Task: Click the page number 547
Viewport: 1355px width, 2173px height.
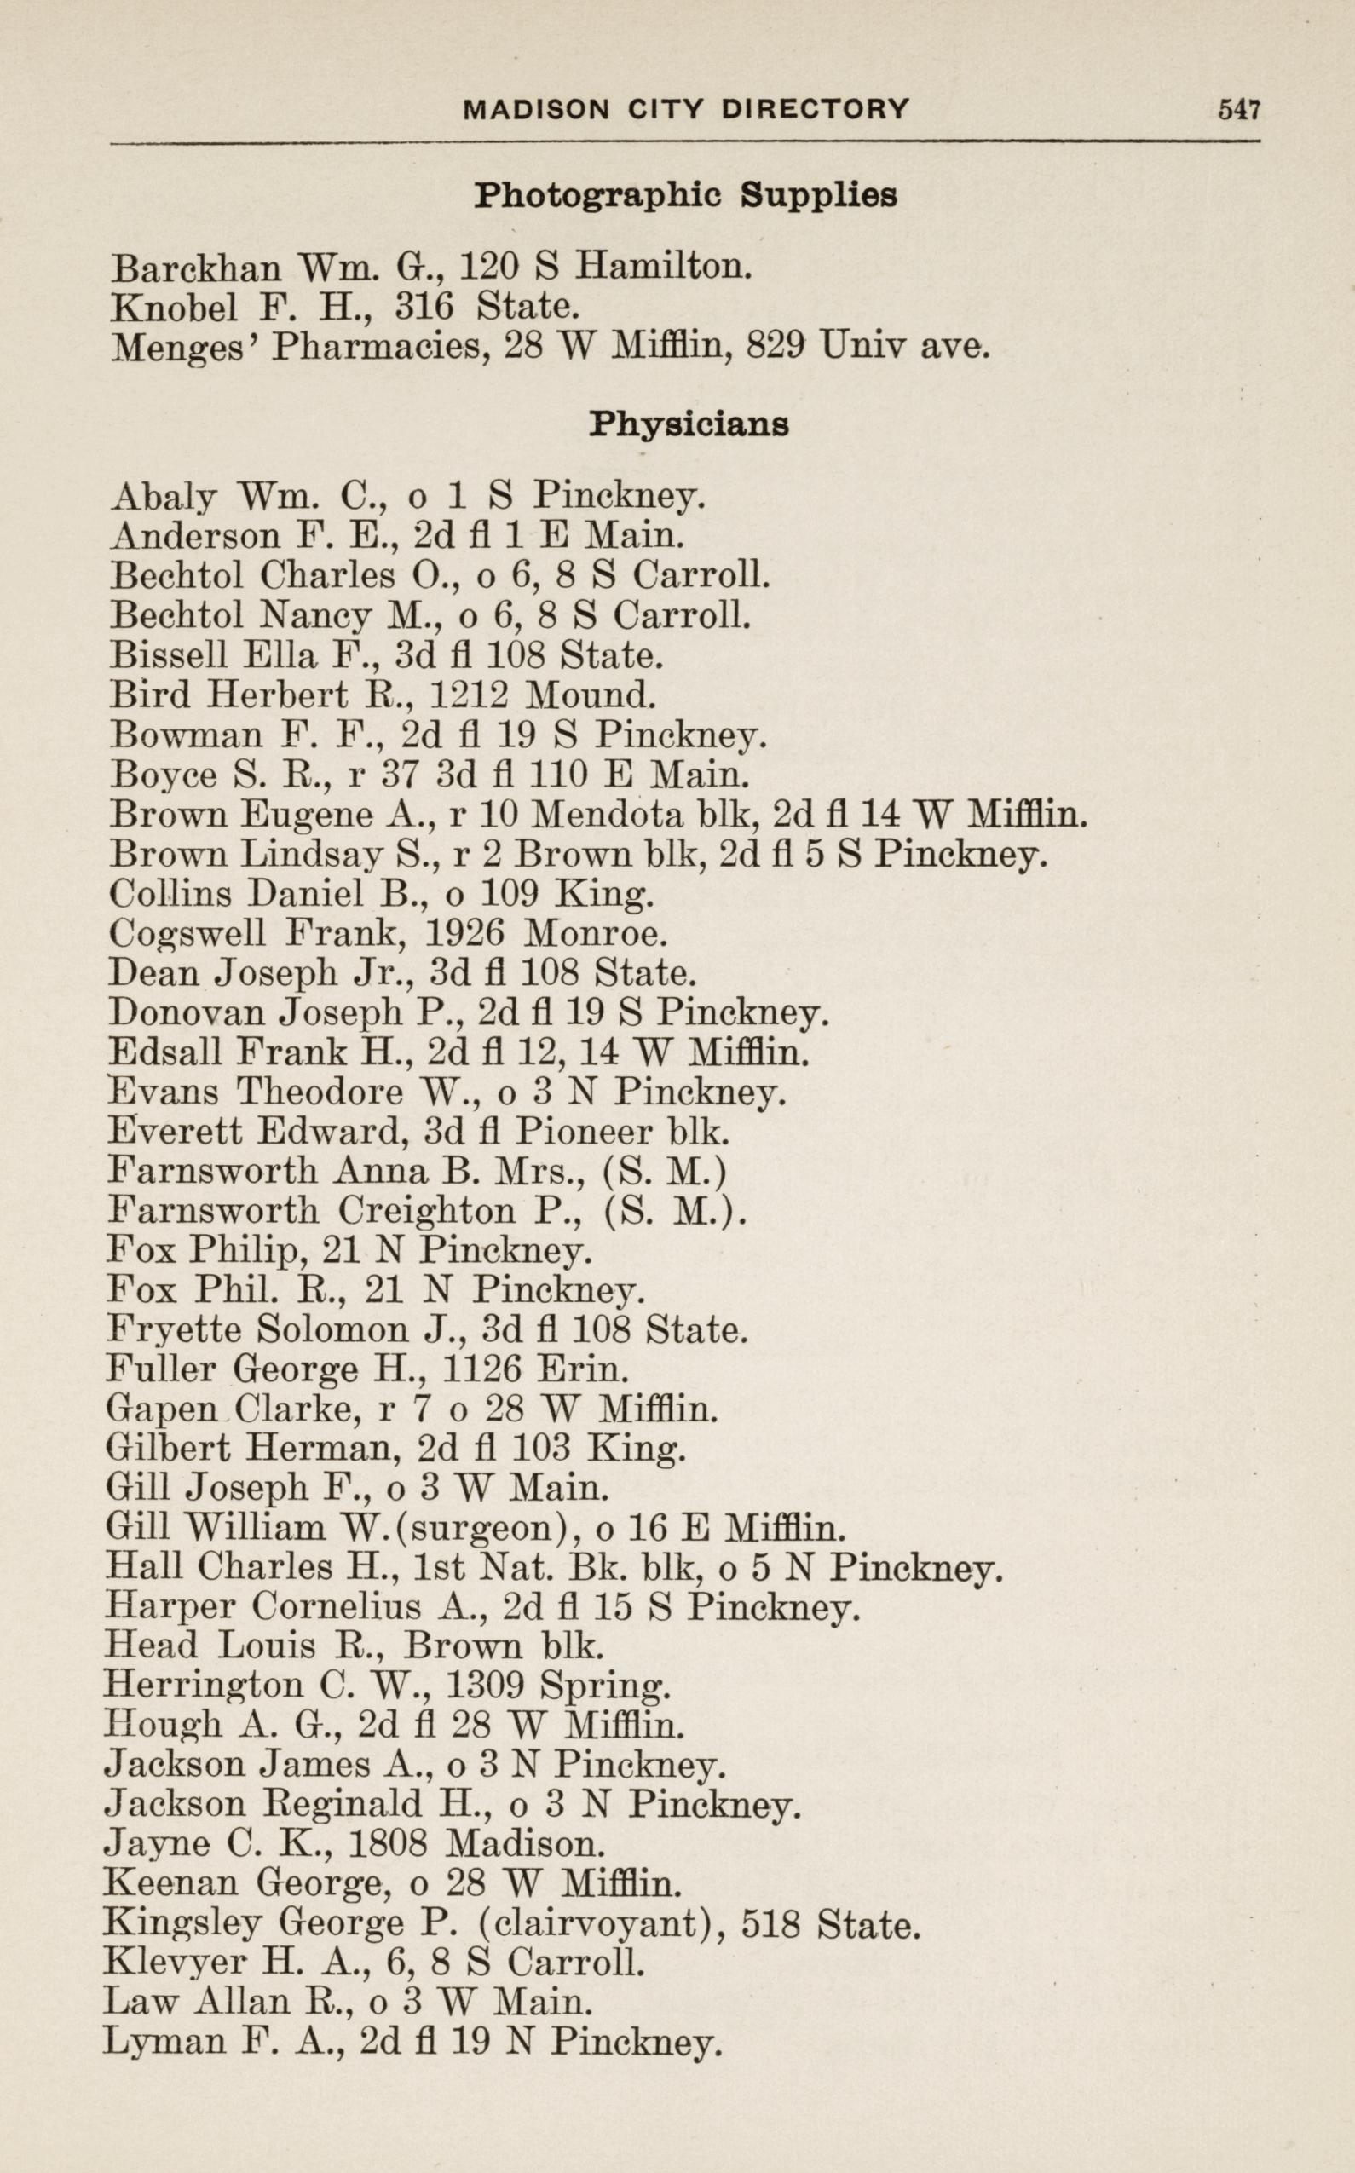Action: click(1238, 109)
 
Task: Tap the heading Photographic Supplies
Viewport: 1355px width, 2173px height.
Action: click(685, 194)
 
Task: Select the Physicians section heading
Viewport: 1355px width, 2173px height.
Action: click(689, 424)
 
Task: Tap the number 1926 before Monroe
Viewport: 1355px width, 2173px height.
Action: click(462, 934)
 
